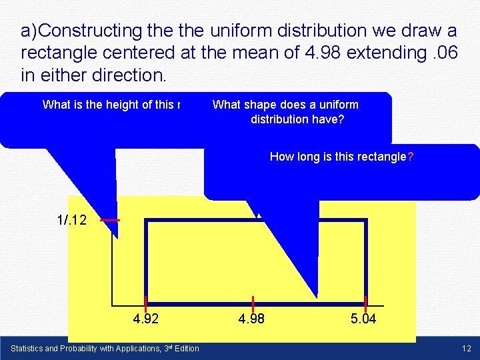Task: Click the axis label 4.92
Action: (146, 319)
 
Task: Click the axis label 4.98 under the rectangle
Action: (251, 319)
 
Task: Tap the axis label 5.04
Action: (363, 319)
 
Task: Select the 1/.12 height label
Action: (72, 220)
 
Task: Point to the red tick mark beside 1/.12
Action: (110, 220)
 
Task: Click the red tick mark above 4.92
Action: (146, 303)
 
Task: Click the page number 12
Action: (466, 349)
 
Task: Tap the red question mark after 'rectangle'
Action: (411, 157)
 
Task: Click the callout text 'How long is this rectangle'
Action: (338, 157)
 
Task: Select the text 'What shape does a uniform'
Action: (285, 105)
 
